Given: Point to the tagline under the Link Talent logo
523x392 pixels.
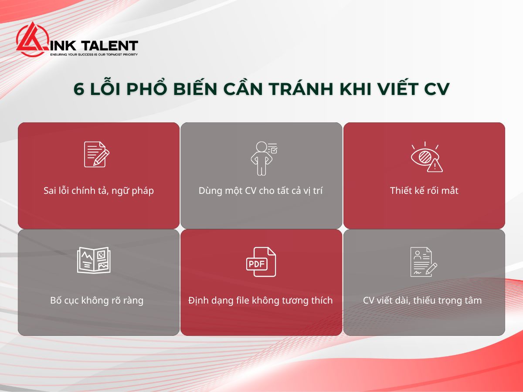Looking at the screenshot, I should pyautogui.click(x=94, y=54).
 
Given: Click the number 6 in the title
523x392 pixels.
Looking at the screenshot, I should pyautogui.click(x=78, y=89).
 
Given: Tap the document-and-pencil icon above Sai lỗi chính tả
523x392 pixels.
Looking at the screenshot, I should pyautogui.click(x=96, y=154).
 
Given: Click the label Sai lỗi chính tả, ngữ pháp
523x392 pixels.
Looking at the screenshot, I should pyautogui.click(x=98, y=191).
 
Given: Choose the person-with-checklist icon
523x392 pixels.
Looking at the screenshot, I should pyautogui.click(x=263, y=158).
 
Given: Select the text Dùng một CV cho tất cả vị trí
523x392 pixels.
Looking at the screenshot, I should pyautogui.click(x=261, y=191).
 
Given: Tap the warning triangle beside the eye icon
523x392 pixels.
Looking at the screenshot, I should pyautogui.click(x=435, y=166).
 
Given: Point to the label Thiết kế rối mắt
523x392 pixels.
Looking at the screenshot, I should pyautogui.click(x=424, y=191).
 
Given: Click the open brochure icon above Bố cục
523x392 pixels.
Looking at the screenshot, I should pyautogui.click(x=94, y=260).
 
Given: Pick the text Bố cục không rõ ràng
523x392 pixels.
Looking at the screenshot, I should pyautogui.click(x=97, y=300).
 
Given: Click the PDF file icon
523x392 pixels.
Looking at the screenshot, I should pyautogui.click(x=261, y=262).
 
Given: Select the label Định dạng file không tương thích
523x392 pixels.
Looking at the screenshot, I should pyautogui.click(x=261, y=300).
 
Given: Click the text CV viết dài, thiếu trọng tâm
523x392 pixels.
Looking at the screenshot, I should pyautogui.click(x=422, y=300).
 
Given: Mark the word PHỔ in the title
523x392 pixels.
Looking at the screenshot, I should pyautogui.click(x=147, y=89).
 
